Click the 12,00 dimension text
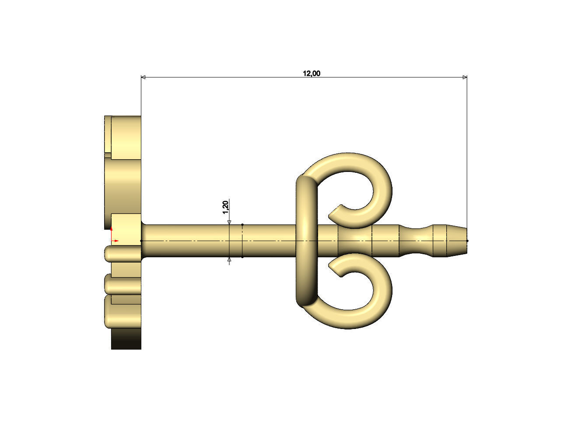(x=312, y=73)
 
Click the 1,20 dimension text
(x=225, y=207)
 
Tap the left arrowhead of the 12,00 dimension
(x=143, y=77)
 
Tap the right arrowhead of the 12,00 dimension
(x=465, y=77)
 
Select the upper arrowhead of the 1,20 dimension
(x=229, y=222)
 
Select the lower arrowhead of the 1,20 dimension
(x=229, y=259)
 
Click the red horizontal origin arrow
(x=115, y=241)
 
